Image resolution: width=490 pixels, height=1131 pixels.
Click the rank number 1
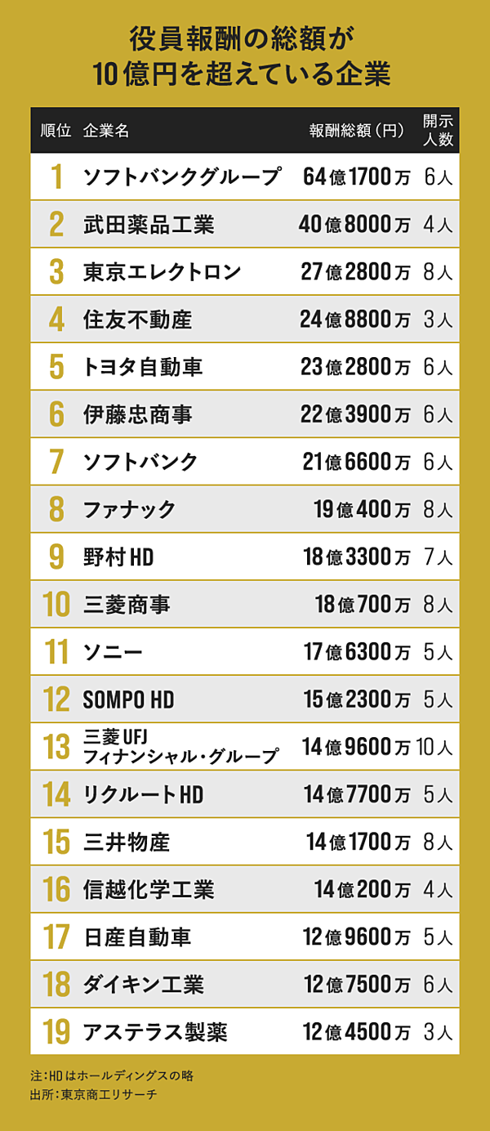point(56,177)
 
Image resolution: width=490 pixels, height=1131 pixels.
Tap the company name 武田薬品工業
point(149,224)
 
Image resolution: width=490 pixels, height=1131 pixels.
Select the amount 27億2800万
point(355,271)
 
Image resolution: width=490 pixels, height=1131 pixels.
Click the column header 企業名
point(106,131)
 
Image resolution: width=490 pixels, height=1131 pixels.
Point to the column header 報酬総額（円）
point(357,131)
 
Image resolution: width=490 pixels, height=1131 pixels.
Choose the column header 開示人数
point(438,130)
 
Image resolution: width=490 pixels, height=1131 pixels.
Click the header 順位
point(56,131)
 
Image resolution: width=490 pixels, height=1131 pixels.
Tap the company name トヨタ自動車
point(143,367)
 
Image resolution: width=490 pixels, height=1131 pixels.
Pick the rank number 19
point(56,1031)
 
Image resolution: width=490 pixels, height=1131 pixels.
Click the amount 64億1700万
point(355,177)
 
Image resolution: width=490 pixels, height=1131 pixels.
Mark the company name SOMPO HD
point(129,700)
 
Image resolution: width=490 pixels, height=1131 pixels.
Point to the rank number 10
point(56,605)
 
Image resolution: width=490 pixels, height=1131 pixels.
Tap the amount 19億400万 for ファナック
point(362,510)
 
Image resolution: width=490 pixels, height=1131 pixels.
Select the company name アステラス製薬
point(155,1032)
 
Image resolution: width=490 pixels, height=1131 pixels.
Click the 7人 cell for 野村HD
point(438,557)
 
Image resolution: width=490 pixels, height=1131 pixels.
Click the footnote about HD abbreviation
point(111,1075)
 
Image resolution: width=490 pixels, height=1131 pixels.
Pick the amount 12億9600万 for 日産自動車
point(357,937)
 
